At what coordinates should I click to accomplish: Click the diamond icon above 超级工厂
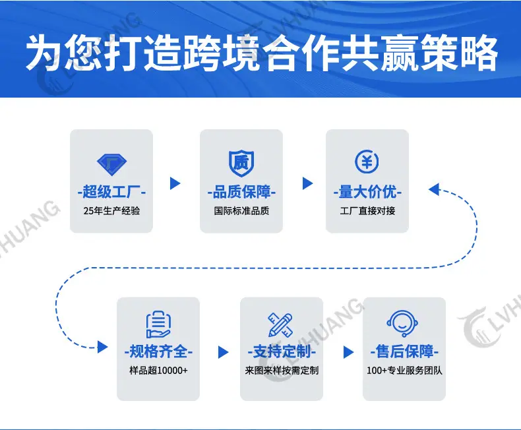pos(111,164)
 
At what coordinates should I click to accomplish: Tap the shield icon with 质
pos(241,163)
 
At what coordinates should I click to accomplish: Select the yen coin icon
pos(367,162)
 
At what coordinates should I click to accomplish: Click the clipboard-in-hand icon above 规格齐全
pos(158,324)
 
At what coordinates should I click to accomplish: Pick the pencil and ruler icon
pos(281,324)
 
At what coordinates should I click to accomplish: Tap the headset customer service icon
pos(402,324)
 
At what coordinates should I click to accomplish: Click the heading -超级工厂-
pos(111,192)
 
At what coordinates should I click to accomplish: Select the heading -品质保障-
pos(241,192)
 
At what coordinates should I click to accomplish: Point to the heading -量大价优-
pos(367,192)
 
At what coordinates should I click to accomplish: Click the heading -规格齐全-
pos(158,352)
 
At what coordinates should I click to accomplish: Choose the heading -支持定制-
pos(282,352)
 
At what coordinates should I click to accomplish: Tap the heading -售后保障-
pos(404,352)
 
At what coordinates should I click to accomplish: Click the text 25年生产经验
pos(111,210)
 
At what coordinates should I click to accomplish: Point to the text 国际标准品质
pos(241,210)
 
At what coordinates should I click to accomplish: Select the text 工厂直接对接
pos(367,210)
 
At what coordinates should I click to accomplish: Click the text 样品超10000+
pos(158,370)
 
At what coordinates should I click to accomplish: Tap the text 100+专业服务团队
pos(404,370)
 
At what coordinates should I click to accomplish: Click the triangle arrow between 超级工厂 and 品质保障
pos(175,183)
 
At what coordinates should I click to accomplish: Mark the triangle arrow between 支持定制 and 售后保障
pos(348,352)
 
